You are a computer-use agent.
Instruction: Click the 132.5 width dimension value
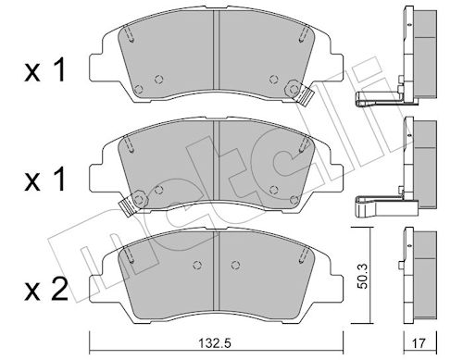(216, 342)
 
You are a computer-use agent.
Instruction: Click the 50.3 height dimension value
(364, 276)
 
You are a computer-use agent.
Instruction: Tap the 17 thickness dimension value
(419, 343)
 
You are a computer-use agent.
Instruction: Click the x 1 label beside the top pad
(45, 70)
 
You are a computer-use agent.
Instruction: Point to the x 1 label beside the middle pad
(45, 180)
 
